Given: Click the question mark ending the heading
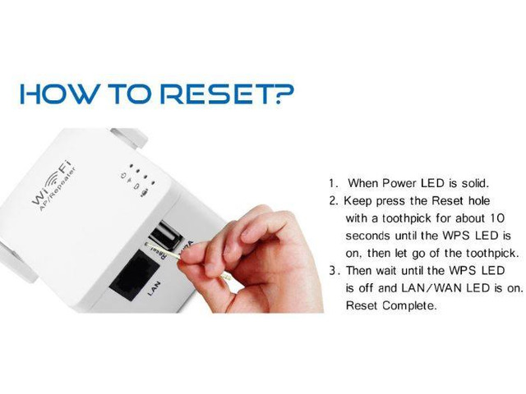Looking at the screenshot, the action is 283,94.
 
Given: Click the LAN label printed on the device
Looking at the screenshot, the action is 154,288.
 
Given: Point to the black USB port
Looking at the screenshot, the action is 166,235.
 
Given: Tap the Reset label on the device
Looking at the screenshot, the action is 159,252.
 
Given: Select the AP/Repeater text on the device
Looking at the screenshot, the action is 57,190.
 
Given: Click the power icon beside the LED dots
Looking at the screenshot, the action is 123,176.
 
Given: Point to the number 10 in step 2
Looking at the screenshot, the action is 497,218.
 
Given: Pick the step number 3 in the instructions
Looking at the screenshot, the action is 332,271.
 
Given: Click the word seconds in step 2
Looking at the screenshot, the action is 367,236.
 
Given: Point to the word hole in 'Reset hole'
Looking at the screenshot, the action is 479,200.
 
